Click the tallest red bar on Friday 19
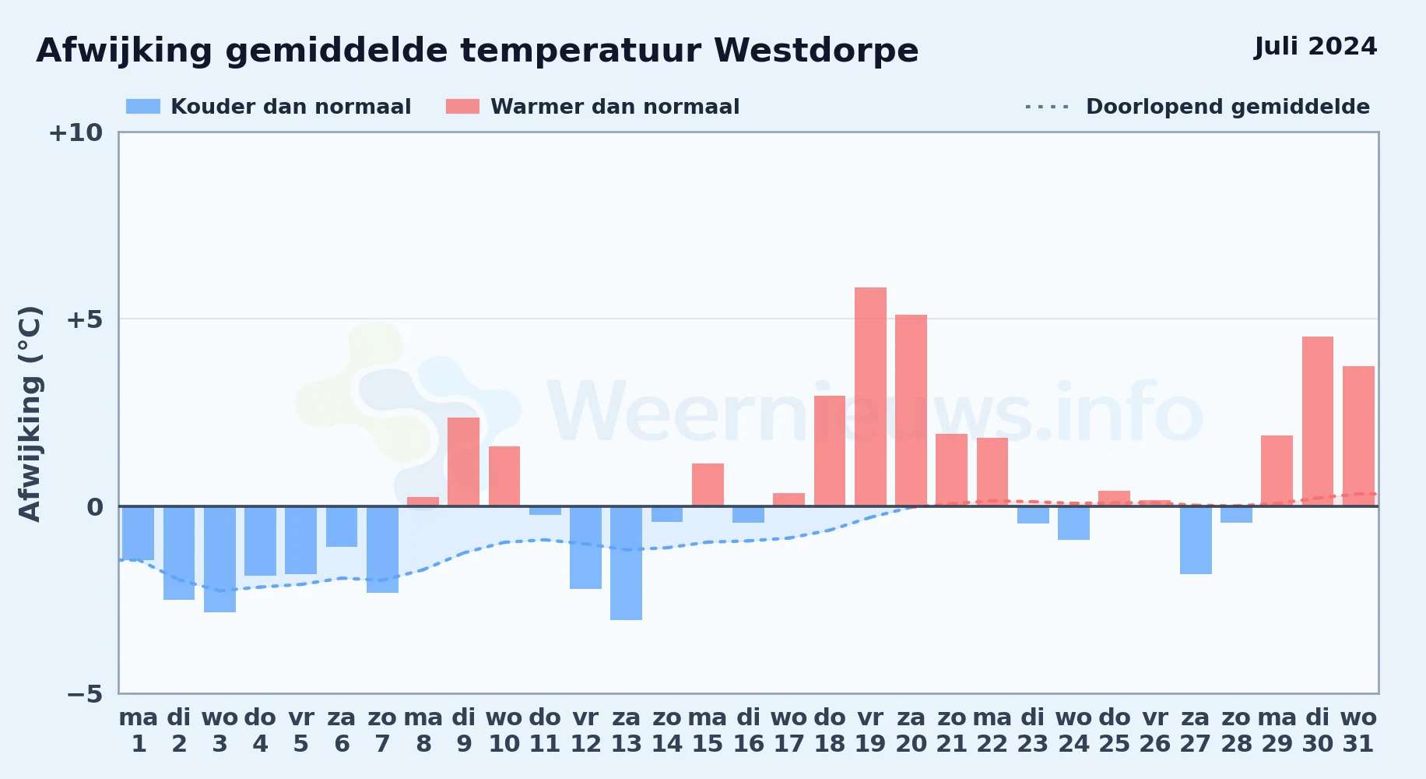tap(870, 397)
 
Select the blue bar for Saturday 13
tap(626, 563)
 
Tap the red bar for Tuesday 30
tap(1318, 421)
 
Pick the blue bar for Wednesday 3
tap(220, 559)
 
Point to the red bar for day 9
tap(464, 462)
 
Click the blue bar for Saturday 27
tap(1196, 540)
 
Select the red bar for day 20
tap(911, 411)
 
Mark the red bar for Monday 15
tap(708, 485)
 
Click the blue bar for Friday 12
tap(585, 548)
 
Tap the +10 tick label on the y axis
tap(76, 133)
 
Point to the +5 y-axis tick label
tap(84, 319)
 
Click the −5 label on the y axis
tap(84, 694)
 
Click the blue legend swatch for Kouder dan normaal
tap(143, 107)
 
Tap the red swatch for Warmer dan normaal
tap(462, 107)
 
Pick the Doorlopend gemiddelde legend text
tap(1228, 107)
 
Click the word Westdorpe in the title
tap(816, 51)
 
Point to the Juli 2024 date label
tap(1315, 47)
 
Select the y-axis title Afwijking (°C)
tap(30, 414)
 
